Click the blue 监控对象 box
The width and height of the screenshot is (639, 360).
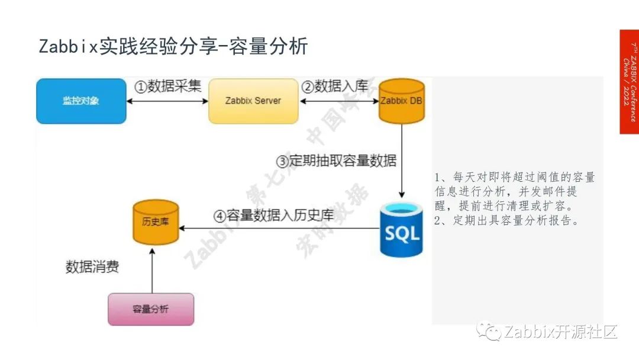coord(81,101)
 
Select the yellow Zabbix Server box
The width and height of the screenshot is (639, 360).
coord(253,101)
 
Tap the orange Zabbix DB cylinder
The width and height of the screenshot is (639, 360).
coord(402,101)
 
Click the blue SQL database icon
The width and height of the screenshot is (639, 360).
coord(402,229)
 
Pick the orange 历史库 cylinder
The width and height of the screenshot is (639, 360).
coord(156,223)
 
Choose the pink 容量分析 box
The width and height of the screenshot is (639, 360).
coord(151,309)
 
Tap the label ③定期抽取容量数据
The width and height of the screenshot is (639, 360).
coord(336,160)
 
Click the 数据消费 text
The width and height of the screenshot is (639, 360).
coord(92,267)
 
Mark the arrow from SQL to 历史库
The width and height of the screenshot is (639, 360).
coord(278,227)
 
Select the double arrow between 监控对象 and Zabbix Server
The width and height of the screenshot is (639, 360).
coord(167,101)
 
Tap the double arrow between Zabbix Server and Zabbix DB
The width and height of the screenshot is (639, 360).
coord(338,101)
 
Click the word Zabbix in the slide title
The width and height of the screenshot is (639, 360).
coord(67,47)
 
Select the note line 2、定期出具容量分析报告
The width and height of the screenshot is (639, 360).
coord(506,221)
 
